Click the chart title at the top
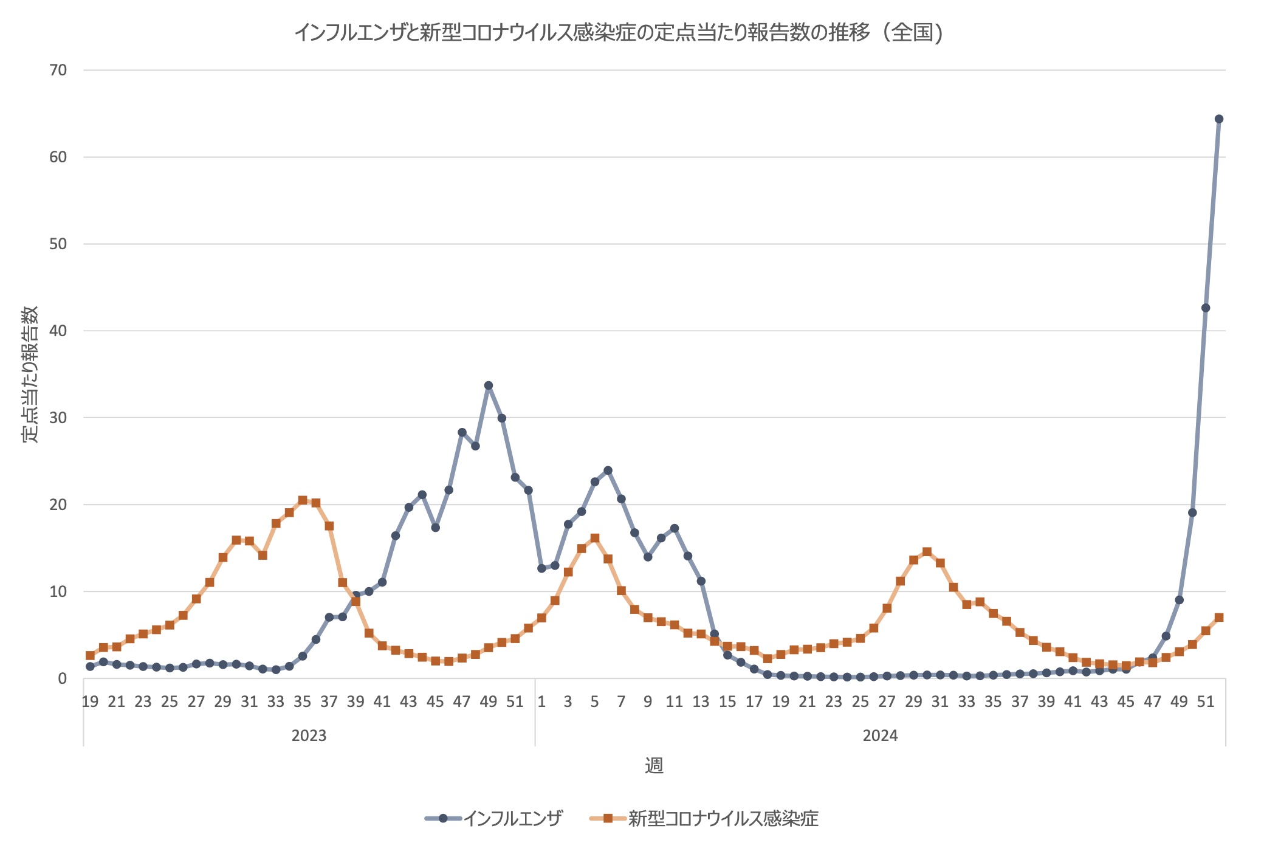coord(619,33)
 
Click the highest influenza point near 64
coord(1218,119)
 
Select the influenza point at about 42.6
coord(1206,308)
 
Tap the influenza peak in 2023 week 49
coord(489,385)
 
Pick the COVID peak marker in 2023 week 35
coord(303,500)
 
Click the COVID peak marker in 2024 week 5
coord(595,538)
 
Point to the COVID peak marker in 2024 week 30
coord(927,552)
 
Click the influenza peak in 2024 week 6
coord(608,470)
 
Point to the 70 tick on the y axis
coord(58,71)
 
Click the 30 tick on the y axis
coord(58,418)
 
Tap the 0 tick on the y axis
coord(62,679)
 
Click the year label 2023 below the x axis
coord(309,736)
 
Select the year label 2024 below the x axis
coord(880,736)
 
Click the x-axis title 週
coord(654,766)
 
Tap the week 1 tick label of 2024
coord(541,701)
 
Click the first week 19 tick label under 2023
coord(90,701)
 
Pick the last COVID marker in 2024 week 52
coord(1218,618)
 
